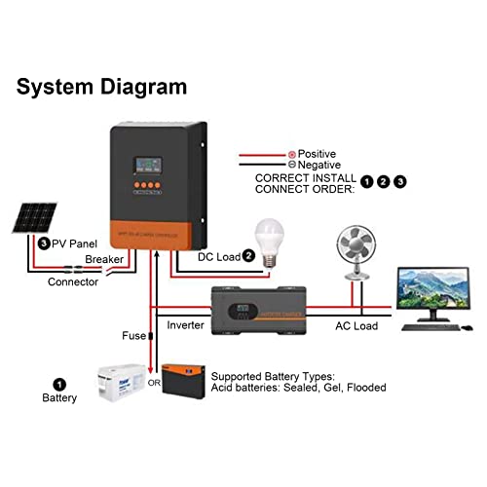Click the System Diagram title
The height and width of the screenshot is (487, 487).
[x=101, y=87]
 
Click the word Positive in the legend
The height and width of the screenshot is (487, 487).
[x=317, y=155]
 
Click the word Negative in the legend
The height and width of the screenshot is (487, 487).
[x=319, y=167]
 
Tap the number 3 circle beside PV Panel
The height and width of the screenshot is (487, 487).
[x=44, y=243]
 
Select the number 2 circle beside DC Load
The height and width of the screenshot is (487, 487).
[x=249, y=256]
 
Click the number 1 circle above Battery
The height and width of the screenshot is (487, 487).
[x=58, y=385]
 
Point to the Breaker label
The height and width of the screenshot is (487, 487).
[x=104, y=260]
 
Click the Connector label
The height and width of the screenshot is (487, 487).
[x=73, y=282]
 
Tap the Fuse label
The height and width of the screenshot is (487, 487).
[x=133, y=337]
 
